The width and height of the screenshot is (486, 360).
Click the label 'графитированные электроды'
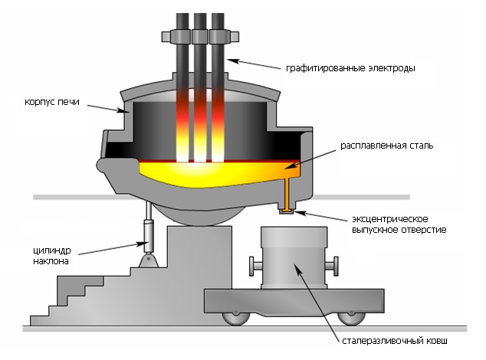pos(350,68)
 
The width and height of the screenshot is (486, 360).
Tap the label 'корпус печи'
pos(52,102)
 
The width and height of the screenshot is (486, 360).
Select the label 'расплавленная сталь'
pos(387,146)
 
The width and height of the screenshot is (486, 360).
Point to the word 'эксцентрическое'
pos(390,219)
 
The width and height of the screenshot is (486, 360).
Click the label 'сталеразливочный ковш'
pos(395,341)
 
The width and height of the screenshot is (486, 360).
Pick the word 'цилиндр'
pos(52,250)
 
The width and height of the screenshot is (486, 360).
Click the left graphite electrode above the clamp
pos(182,21)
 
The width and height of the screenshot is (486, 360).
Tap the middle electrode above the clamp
pos(200,21)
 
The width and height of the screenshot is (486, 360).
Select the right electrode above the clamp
pos(218,21)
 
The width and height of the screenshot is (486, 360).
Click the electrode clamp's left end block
pos(166,37)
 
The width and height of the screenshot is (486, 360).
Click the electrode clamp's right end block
pos(235,37)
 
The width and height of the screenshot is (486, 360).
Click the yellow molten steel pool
pos(217,174)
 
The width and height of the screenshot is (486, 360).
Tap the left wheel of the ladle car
pos(236,319)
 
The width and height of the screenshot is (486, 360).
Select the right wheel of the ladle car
pos(351,319)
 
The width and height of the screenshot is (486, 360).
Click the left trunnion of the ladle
pos(255,266)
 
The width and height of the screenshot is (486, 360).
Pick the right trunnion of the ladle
pos(332,266)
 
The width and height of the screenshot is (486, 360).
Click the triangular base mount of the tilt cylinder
pos(149,261)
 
